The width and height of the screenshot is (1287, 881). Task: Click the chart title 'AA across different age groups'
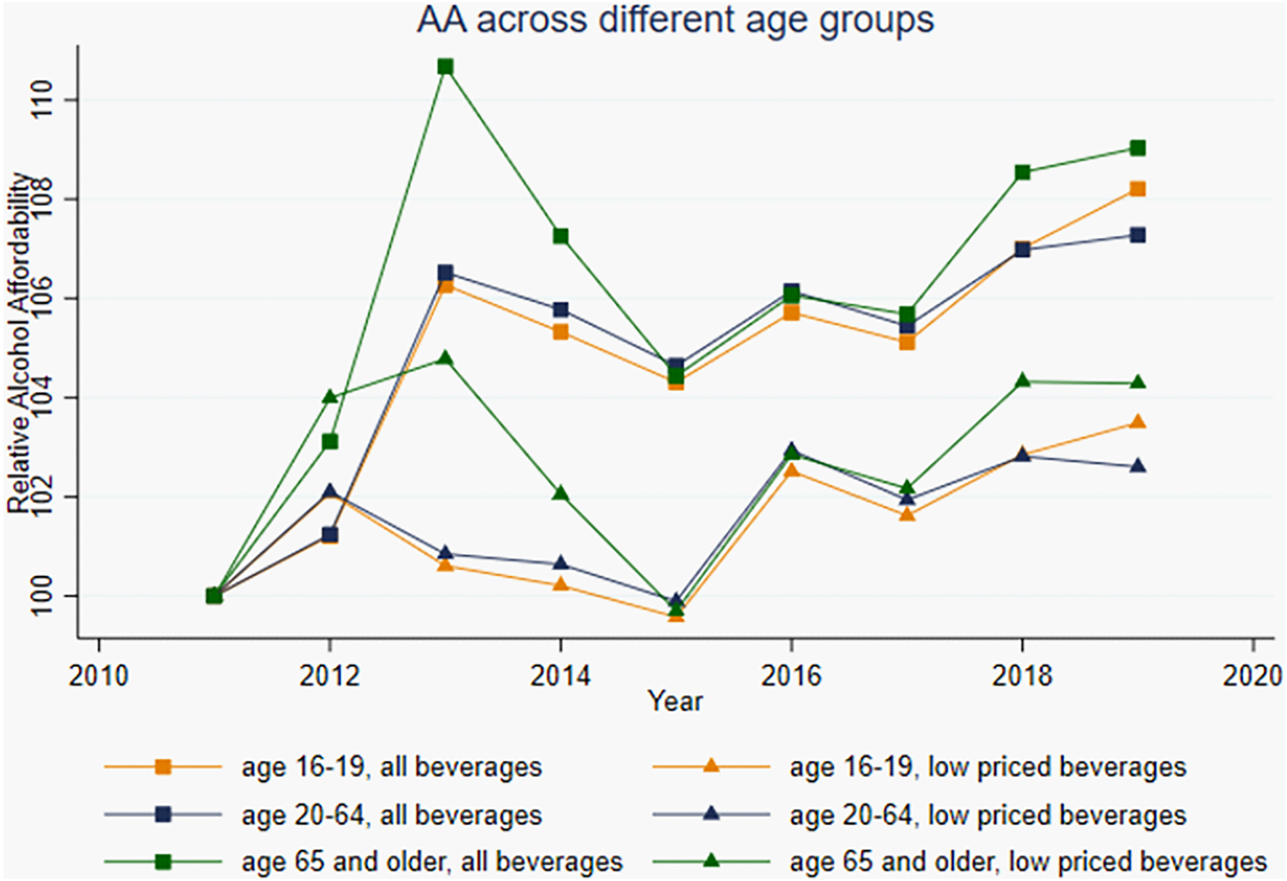[x=675, y=21]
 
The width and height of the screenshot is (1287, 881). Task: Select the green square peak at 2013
[x=445, y=67]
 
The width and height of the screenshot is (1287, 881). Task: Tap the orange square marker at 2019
[x=1137, y=189]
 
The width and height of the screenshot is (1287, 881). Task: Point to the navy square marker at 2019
[x=1137, y=235]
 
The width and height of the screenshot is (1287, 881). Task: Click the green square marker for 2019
[x=1137, y=148]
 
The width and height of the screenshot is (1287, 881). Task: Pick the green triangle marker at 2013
[x=445, y=358]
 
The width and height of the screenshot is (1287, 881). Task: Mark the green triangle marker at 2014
[x=560, y=493]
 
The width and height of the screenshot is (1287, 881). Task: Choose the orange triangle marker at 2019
[x=1137, y=421]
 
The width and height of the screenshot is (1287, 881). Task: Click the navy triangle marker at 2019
[x=1137, y=466]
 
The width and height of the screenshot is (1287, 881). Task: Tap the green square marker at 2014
[x=560, y=236]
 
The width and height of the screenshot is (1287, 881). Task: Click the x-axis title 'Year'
[x=675, y=702]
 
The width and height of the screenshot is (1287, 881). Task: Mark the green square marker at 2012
[x=330, y=441]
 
